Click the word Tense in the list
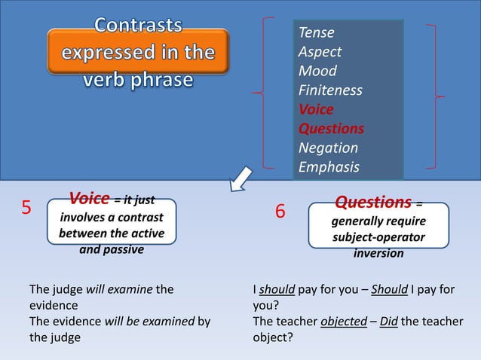(x=317, y=33)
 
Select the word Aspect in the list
(x=320, y=52)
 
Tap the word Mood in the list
(x=317, y=72)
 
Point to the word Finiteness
(x=330, y=90)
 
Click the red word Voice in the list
(x=316, y=110)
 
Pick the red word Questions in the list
(x=331, y=129)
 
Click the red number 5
(x=26, y=208)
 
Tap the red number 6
(x=280, y=212)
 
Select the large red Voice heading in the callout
(x=89, y=200)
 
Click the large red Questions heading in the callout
(x=372, y=203)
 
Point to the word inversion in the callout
(x=378, y=254)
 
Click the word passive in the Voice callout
(x=123, y=249)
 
